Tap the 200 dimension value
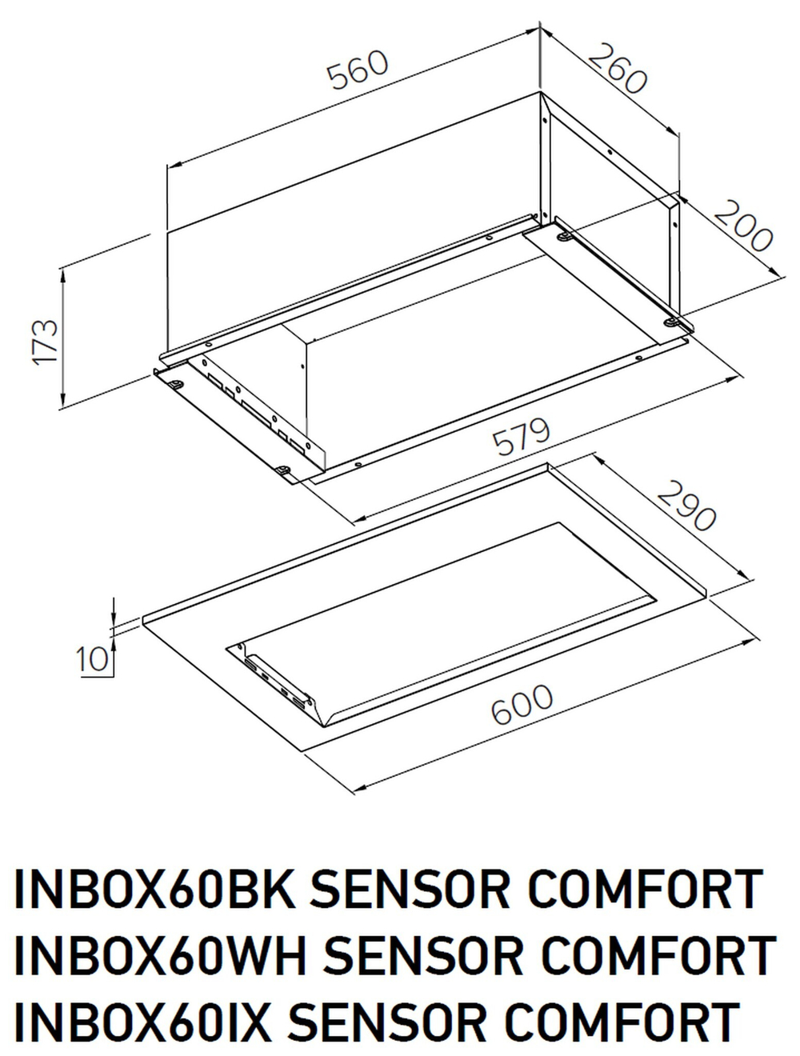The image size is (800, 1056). (x=743, y=226)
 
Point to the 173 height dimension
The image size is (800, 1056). (x=46, y=342)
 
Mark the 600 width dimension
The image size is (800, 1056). (x=522, y=704)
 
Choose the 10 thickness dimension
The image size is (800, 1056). (x=93, y=659)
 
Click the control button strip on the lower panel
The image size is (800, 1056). (x=277, y=680)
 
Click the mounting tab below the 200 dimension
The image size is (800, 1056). (x=672, y=322)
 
